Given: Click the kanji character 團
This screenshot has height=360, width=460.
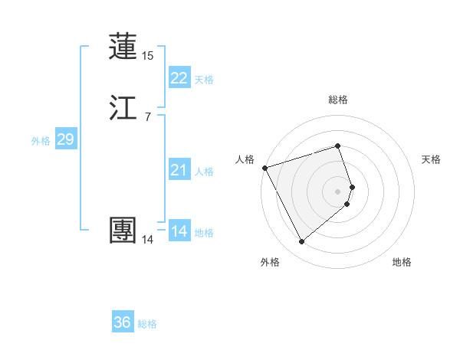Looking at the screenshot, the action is click(123, 231).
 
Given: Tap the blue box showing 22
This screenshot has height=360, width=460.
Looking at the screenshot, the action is click(179, 78).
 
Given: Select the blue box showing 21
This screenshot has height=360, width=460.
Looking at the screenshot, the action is click(179, 170).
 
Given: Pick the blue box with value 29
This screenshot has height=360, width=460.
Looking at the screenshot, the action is click(65, 139).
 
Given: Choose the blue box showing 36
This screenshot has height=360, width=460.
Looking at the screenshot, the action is click(123, 322).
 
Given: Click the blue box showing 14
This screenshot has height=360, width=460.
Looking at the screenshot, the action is click(179, 231).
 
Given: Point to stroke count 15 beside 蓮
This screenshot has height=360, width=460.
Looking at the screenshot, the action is click(147, 56).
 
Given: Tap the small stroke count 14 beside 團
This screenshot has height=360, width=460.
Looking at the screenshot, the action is click(147, 240).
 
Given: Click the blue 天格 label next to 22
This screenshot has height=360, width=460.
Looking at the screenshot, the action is click(204, 80).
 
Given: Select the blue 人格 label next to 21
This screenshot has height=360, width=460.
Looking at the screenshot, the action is click(204, 172).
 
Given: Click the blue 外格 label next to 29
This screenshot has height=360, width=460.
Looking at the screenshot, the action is click(41, 141).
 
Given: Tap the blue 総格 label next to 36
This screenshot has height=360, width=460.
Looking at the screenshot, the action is click(147, 324).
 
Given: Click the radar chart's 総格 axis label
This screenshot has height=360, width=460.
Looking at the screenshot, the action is click(338, 100).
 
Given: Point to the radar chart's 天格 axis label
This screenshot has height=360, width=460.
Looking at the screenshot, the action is click(432, 159).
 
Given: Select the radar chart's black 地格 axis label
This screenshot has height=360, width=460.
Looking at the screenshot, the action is click(402, 263).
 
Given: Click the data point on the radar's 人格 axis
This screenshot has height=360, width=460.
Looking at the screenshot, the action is click(264, 168).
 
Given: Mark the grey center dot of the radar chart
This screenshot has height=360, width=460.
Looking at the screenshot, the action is click(338, 191).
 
